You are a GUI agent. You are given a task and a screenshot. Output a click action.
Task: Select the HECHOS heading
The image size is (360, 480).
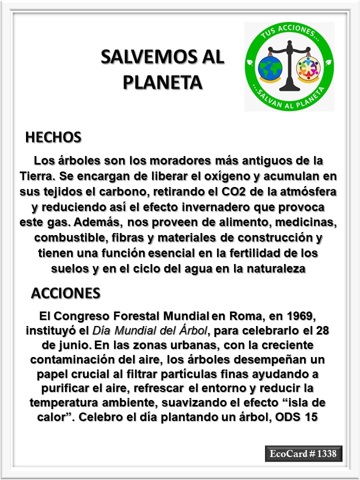point(53,137)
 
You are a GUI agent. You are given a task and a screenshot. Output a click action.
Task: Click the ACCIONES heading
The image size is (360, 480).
point(65,293)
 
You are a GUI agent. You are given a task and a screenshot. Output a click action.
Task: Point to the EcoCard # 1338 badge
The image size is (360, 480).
point(303,453)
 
